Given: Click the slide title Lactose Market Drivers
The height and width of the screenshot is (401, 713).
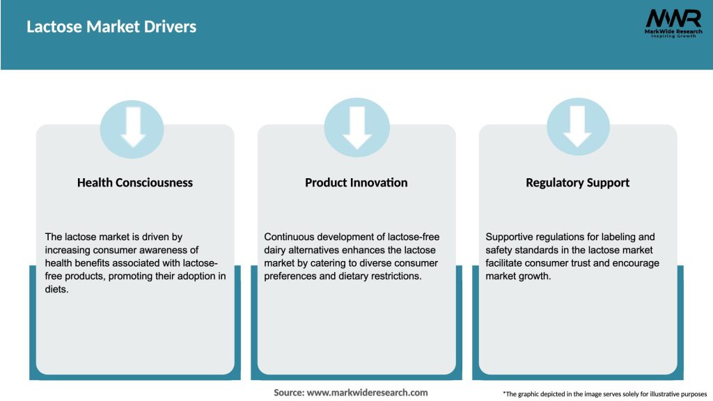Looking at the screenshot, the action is tap(111, 26).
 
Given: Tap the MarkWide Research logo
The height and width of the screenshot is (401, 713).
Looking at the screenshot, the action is tap(673, 23).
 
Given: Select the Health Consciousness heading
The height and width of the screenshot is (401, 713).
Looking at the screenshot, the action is tap(135, 183).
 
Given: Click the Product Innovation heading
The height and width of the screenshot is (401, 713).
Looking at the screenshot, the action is tap(356, 183).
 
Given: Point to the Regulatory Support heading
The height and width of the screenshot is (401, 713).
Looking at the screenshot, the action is tap(577, 183).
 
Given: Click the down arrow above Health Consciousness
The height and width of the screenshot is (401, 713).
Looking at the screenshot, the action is tap(133, 127).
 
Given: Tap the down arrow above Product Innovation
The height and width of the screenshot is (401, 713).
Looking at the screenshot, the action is tap(357, 128).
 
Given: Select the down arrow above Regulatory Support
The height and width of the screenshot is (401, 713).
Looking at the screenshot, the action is tap(577, 127).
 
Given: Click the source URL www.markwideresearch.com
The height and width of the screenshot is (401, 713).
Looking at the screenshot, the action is tap(368, 393).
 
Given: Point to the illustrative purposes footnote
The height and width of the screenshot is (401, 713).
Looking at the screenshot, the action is tap(605, 394).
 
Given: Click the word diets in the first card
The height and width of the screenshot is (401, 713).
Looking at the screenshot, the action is tap(56, 289).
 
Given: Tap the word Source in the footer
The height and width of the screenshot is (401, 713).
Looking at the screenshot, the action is tap(289, 393).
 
